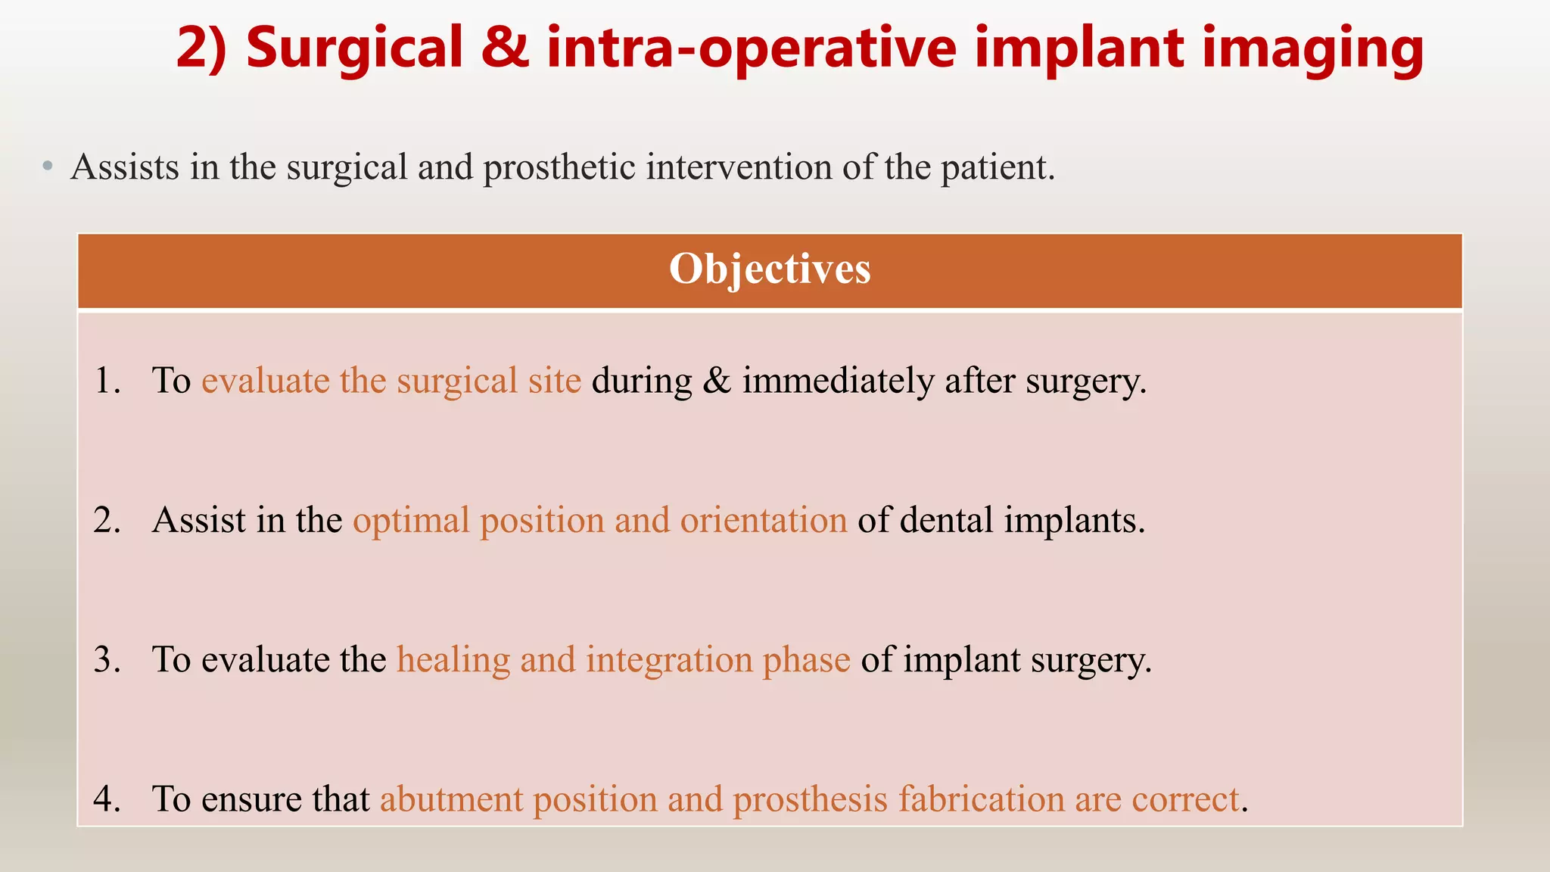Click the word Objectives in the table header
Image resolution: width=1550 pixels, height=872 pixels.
click(770, 269)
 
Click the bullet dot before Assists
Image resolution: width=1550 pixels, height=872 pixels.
click(48, 167)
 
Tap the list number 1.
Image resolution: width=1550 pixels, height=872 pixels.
click(107, 380)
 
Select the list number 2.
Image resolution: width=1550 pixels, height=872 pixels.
click(107, 520)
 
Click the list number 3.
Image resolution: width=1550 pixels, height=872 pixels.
click(107, 659)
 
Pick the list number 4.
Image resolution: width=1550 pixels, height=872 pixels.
click(107, 799)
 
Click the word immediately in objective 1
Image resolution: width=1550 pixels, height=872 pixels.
click(838, 381)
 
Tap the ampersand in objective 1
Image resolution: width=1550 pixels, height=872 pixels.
click(716, 381)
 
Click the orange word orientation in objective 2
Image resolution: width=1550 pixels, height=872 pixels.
click(763, 521)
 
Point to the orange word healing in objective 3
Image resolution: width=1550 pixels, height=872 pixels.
click(453, 660)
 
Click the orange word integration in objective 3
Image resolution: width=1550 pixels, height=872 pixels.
click(669, 660)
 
